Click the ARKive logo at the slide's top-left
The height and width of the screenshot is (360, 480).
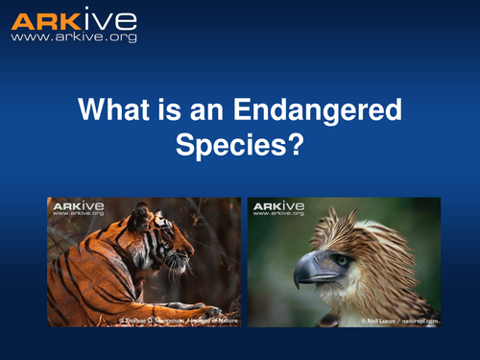pyautogui.click(x=73, y=20)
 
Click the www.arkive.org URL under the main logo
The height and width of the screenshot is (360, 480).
pyautogui.click(x=73, y=37)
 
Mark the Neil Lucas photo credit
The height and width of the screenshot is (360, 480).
pyautogui.click(x=399, y=320)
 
